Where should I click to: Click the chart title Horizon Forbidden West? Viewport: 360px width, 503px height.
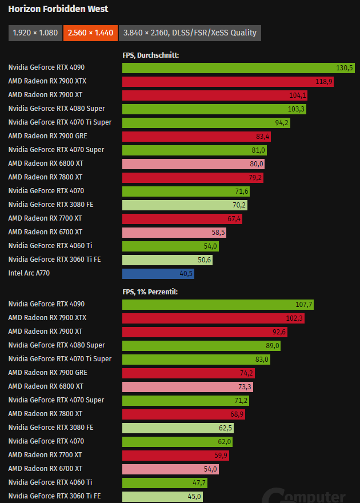(x=58, y=9)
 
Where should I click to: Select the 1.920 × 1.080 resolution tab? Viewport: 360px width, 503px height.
(x=35, y=33)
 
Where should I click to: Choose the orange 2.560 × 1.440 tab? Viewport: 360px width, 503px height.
(x=91, y=33)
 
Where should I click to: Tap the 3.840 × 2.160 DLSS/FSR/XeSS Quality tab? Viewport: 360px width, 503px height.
(x=190, y=33)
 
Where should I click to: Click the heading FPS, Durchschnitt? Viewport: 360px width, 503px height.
(x=151, y=55)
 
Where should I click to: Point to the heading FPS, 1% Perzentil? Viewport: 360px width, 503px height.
(x=150, y=292)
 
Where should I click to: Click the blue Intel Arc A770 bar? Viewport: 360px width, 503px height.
(x=158, y=273)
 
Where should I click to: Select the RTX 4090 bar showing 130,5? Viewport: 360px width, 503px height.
(x=239, y=67)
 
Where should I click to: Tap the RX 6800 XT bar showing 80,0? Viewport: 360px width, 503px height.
(x=193, y=163)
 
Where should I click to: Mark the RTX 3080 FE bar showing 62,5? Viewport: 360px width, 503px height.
(x=178, y=428)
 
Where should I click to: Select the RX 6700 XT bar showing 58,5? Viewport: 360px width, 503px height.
(x=174, y=232)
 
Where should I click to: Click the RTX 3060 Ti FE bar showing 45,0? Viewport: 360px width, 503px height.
(x=162, y=496)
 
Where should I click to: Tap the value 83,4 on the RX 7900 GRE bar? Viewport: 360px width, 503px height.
(x=263, y=136)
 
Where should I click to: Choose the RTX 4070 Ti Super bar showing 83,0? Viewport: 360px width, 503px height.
(x=196, y=359)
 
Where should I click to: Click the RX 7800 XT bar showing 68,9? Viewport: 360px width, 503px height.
(x=185, y=414)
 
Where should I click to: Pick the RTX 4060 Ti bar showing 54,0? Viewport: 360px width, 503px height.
(x=171, y=246)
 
